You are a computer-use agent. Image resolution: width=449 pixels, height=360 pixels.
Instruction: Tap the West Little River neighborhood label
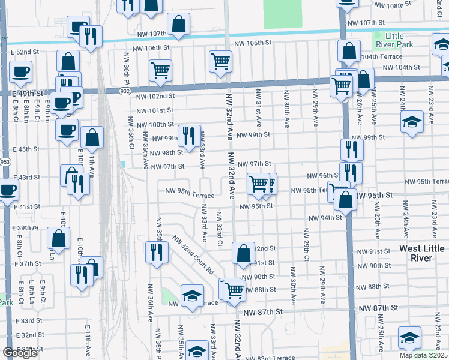point(422,253)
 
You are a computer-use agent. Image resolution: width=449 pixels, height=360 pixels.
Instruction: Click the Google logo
point(20,352)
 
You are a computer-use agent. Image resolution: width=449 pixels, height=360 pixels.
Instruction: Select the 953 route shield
point(5,161)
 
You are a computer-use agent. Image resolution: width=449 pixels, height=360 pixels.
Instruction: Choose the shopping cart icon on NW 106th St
point(221,61)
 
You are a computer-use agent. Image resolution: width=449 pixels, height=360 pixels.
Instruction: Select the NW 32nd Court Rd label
point(193,254)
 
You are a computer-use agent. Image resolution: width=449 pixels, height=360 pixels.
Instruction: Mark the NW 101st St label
point(154,110)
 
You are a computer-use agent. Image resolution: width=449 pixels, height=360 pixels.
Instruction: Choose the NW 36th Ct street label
point(131,136)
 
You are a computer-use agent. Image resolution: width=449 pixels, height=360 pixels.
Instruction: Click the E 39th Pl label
point(28,229)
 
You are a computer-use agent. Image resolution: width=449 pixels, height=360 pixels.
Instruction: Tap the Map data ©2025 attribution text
point(423,355)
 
